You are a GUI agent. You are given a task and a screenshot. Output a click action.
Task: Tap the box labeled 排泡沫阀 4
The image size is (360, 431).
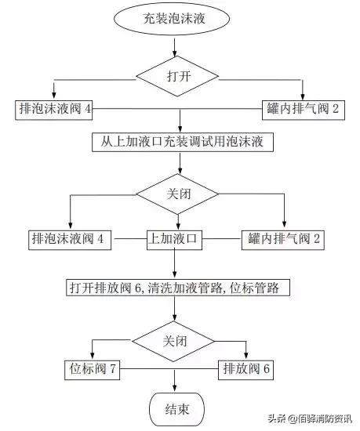pyautogui.click(x=54, y=110)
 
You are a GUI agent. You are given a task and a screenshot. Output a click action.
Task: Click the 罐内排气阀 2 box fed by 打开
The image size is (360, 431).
pyautogui.click(x=303, y=110)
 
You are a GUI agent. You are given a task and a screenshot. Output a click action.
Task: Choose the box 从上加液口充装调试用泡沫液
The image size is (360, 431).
pyautogui.click(x=180, y=143)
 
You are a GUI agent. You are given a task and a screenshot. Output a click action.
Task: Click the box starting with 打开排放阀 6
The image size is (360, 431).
pyautogui.click(x=179, y=288)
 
